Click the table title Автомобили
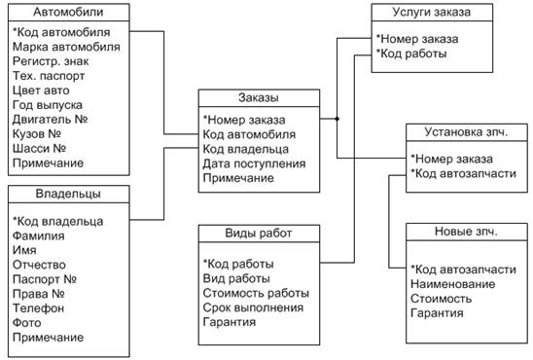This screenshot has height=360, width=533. click(x=68, y=12)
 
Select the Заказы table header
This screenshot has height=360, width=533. click(x=259, y=97)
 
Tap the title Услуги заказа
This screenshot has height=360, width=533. click(x=432, y=12)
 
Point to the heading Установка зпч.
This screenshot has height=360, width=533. click(x=467, y=132)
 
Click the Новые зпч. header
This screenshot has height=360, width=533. click(x=467, y=232)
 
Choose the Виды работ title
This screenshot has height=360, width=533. click(x=259, y=234)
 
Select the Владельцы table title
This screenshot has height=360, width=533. click(x=68, y=194)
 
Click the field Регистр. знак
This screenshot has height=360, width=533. click(x=51, y=61)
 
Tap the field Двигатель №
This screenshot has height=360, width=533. click(x=51, y=120)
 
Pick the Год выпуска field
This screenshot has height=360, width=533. click(x=48, y=105)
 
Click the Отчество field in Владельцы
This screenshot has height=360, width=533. click(x=39, y=265)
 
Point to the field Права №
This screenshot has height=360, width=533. click(x=38, y=294)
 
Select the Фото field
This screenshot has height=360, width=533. click(x=27, y=323)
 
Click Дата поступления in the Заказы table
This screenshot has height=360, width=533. click(x=254, y=163)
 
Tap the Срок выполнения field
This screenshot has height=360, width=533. click(x=253, y=307)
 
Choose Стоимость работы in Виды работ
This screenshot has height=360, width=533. click(x=257, y=293)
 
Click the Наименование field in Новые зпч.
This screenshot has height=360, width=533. click(x=453, y=284)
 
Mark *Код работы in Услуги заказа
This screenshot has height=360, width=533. click(x=411, y=54)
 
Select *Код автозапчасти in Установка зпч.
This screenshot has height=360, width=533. click(x=463, y=174)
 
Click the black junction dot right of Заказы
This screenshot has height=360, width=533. click(x=337, y=119)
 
